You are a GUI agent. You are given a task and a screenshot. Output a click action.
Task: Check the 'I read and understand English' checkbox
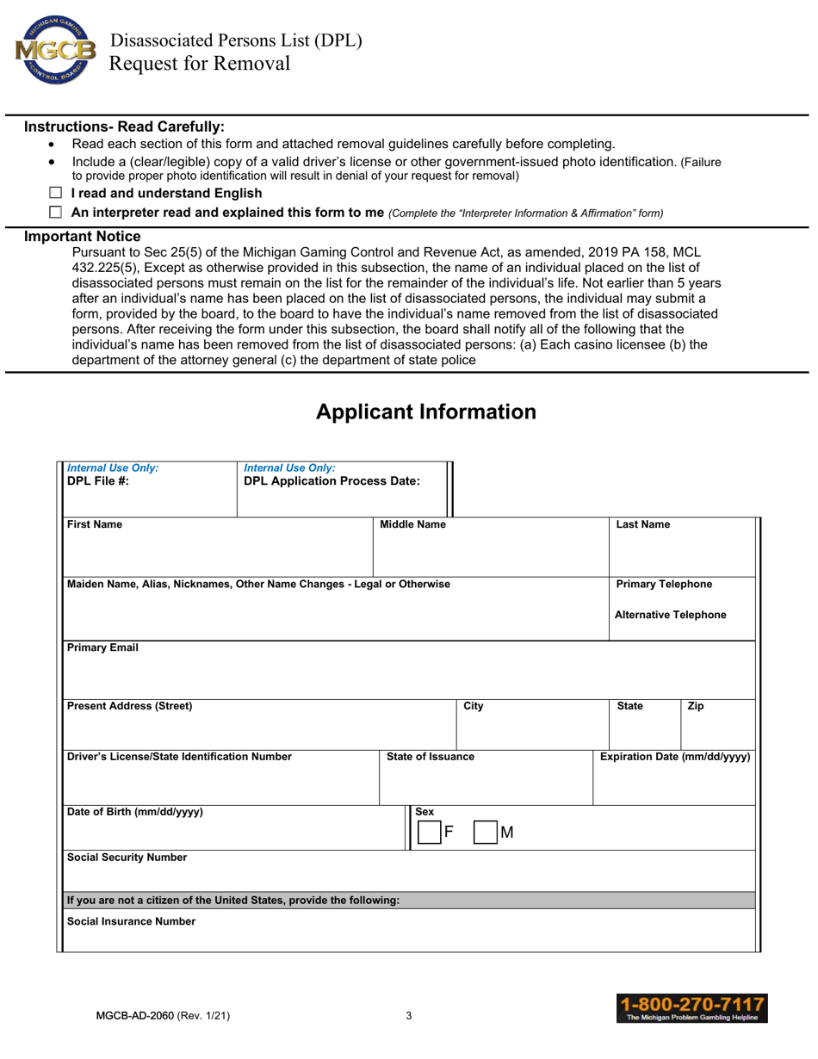pos(56,194)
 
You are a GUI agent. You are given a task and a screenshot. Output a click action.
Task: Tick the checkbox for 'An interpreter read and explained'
pos(56,212)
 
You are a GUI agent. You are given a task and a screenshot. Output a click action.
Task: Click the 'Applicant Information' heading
pos(425,412)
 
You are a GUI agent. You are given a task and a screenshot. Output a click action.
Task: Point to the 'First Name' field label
pos(95,524)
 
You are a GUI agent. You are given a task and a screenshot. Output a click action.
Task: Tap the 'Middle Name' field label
pos(413,524)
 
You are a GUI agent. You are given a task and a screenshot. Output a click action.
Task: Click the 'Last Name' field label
pos(643,524)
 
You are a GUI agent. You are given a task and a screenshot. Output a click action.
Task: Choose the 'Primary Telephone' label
pos(664,585)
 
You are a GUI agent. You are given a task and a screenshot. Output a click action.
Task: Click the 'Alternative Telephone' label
pos(671,615)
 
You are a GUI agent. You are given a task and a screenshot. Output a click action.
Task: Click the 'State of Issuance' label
pos(430,757)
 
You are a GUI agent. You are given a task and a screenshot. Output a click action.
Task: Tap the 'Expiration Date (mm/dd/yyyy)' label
pos(674,757)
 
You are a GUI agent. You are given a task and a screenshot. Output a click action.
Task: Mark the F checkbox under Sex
pos(428,833)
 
